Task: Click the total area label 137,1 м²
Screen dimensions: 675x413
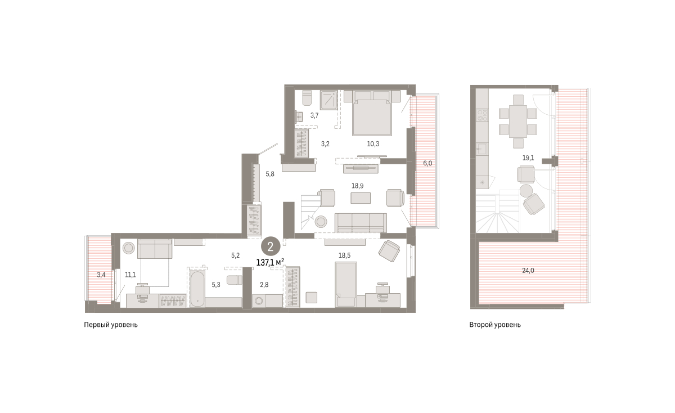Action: [x=270, y=263]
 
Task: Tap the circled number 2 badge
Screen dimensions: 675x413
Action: [x=271, y=246]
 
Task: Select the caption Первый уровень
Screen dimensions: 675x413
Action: [x=111, y=325]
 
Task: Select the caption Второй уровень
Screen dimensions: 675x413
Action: [x=495, y=325]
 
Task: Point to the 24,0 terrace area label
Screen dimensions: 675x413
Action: [x=528, y=271]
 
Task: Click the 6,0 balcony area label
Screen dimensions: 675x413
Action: [x=427, y=163]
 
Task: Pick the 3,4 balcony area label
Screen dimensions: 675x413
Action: [x=101, y=275]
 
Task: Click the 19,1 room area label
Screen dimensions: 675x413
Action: [x=528, y=158]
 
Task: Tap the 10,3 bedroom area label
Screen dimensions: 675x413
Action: [x=373, y=144]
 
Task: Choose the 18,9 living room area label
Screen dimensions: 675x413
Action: [x=357, y=186]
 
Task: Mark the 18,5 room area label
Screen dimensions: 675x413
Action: [x=344, y=255]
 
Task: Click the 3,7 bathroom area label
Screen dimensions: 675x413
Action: [x=314, y=115]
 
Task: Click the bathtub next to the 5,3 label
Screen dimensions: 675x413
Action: [x=197, y=289]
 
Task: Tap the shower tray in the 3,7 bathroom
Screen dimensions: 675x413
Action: [x=328, y=100]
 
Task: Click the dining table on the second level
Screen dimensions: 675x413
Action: [x=518, y=121]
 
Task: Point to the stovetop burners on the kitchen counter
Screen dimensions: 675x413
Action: [x=482, y=115]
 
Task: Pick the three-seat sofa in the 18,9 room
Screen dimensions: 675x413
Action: [x=361, y=223]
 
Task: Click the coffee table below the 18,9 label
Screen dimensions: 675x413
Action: [x=361, y=198]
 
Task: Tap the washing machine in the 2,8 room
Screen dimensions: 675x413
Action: [x=259, y=301]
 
